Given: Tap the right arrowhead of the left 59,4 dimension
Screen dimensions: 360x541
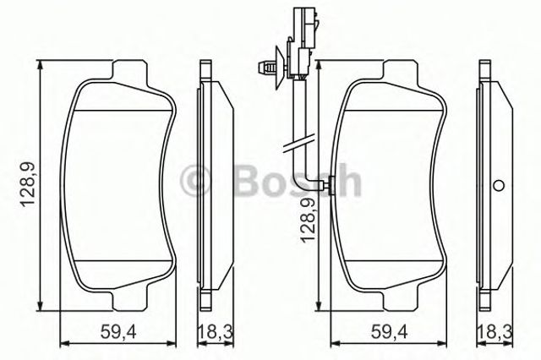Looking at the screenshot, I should click(175, 342).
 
